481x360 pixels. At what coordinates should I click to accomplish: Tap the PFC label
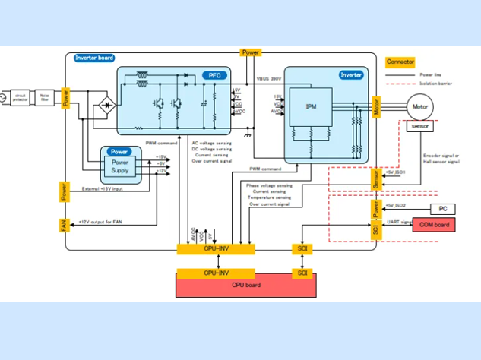[x=214, y=75]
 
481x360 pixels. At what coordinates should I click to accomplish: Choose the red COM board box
[x=434, y=225]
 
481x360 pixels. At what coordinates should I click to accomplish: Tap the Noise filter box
[x=45, y=96]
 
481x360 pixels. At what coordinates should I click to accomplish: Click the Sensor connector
[x=375, y=179]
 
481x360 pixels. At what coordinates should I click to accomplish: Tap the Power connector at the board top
[x=250, y=52]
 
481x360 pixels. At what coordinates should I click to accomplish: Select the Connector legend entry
[x=400, y=62]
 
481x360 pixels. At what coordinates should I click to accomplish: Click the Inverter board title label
[x=94, y=58]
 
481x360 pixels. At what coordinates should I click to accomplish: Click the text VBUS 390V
[x=269, y=78]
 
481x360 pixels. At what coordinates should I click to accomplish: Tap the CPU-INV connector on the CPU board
[x=216, y=272]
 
